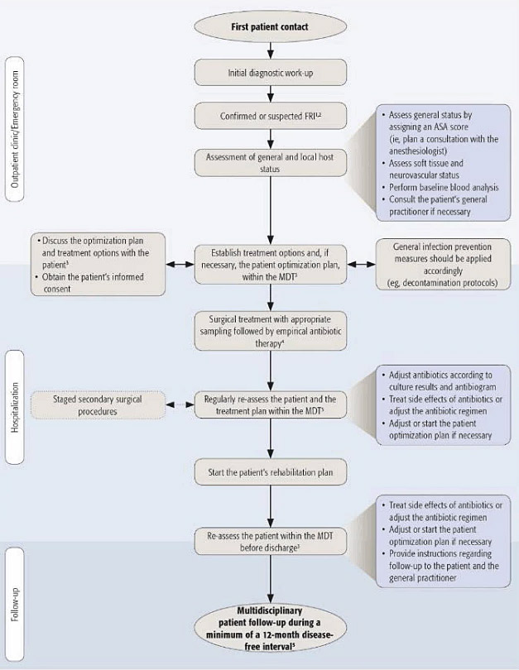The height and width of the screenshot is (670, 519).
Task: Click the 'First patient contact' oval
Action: click(269, 26)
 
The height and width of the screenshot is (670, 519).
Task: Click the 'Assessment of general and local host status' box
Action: click(269, 162)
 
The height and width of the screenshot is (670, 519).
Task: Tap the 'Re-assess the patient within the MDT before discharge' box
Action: click(269, 543)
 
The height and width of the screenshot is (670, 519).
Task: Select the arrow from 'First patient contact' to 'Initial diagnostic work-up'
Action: click(269, 48)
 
